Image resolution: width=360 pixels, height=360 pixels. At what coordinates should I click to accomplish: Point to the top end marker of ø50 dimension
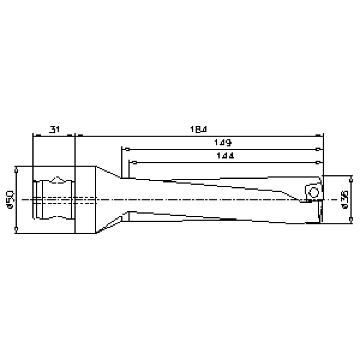click(x=16, y=167)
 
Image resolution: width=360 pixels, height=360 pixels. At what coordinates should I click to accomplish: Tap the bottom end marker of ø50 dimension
click(x=16, y=230)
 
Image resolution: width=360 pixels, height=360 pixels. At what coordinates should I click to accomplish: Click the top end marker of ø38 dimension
click(x=351, y=176)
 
